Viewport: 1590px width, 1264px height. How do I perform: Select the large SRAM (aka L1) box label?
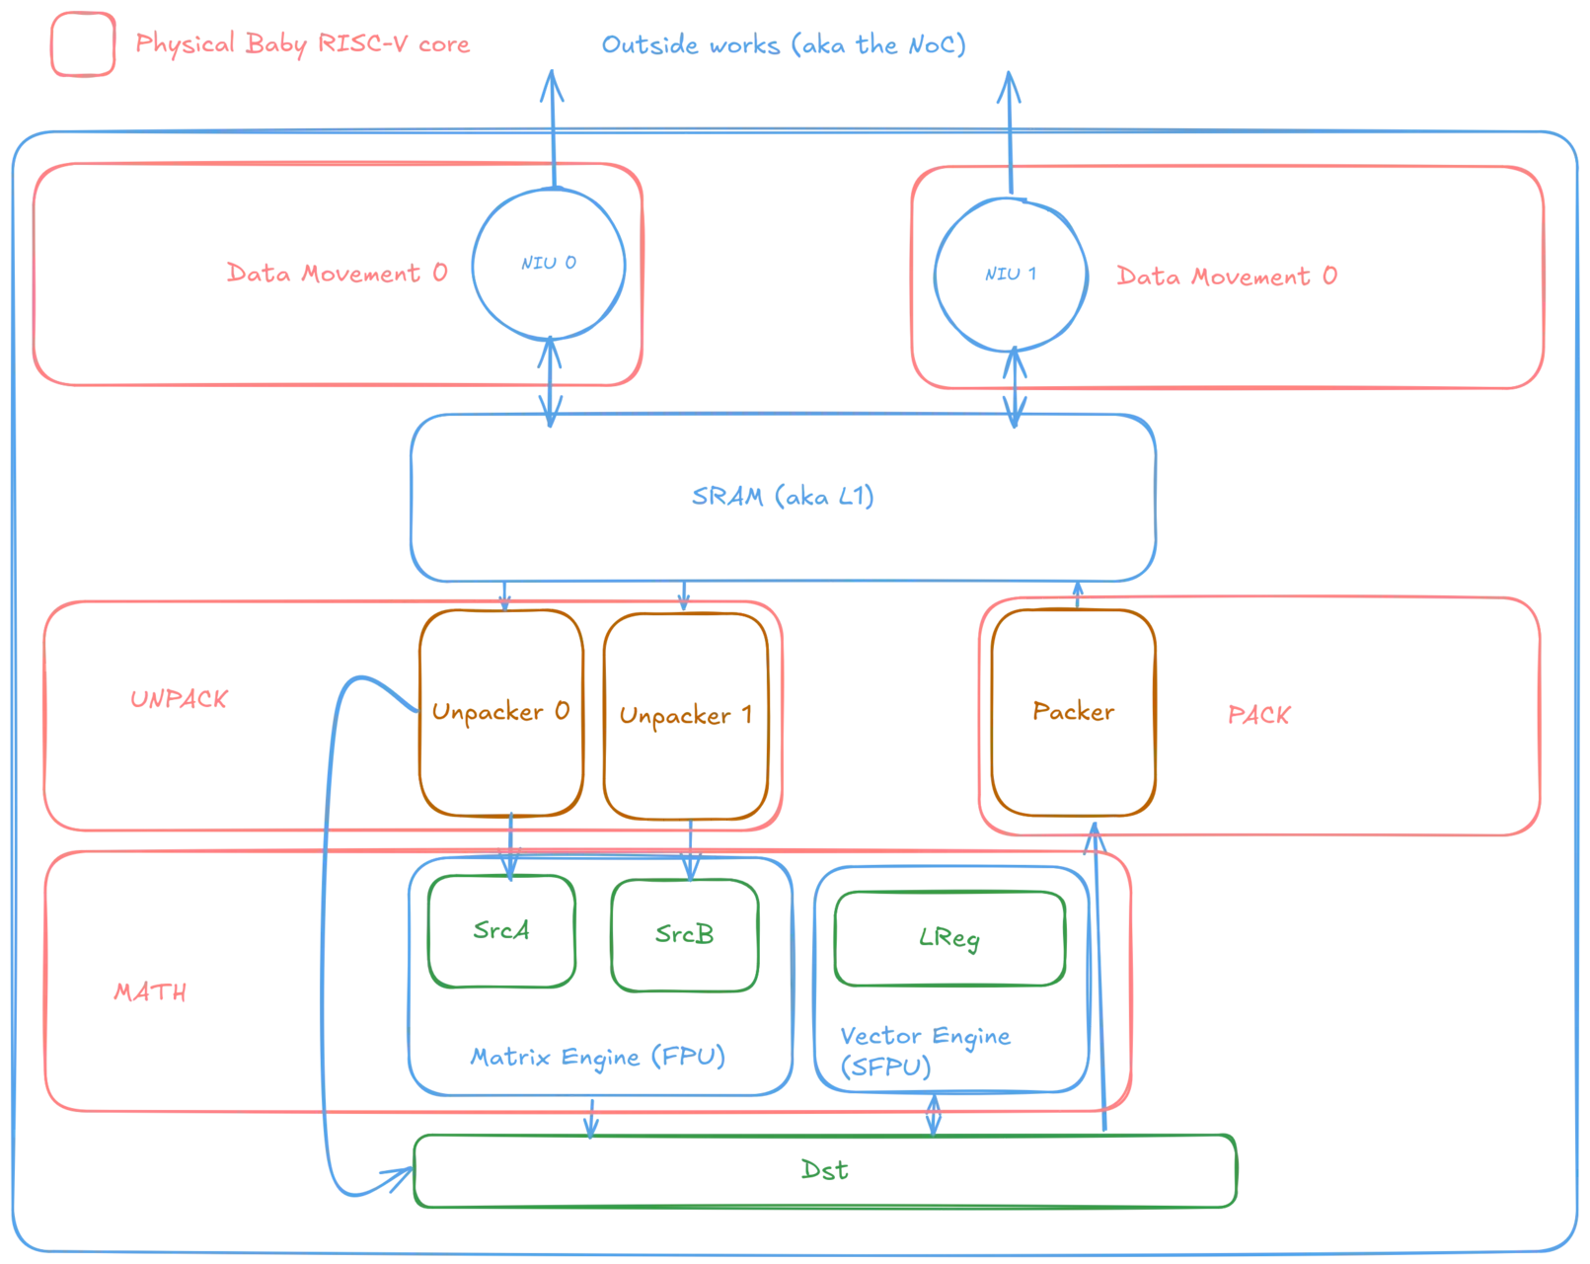point(781,497)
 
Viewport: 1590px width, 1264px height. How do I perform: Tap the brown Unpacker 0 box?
point(499,713)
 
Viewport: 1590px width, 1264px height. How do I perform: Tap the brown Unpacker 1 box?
point(686,715)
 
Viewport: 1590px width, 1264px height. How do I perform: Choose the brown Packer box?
point(1073,713)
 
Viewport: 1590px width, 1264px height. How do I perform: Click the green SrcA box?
point(502,930)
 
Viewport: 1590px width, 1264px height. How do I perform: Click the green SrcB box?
point(686,934)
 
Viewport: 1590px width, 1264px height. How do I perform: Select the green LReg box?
point(950,938)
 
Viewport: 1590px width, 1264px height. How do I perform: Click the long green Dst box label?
point(825,1171)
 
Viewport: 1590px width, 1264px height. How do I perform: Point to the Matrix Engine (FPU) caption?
point(596,1058)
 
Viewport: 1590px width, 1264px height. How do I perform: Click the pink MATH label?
point(150,991)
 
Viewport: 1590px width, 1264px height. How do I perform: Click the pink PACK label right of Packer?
point(1258,715)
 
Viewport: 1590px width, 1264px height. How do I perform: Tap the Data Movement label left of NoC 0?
point(336,274)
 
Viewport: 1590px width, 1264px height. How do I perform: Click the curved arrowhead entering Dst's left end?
point(398,1174)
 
